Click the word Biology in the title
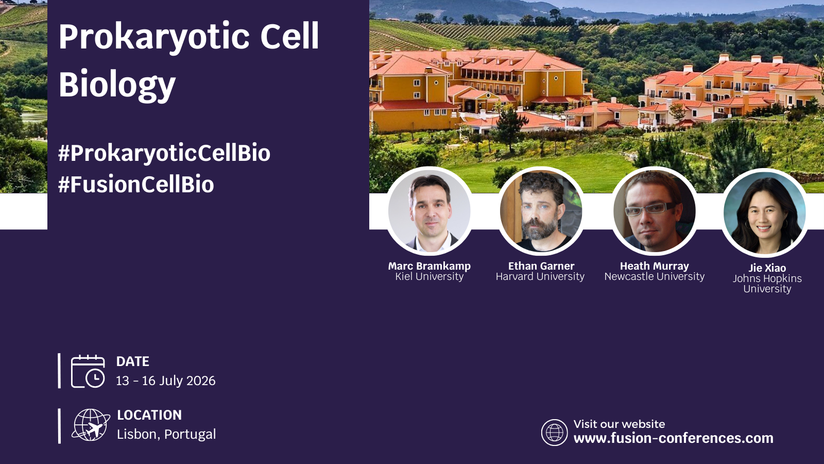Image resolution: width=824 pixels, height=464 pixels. pyautogui.click(x=117, y=85)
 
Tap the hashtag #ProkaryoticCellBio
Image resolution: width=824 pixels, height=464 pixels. pyautogui.click(x=164, y=153)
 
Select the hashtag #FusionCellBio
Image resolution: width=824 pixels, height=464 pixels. pyautogui.click(x=136, y=184)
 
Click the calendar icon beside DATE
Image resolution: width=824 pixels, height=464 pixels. pyautogui.click(x=88, y=371)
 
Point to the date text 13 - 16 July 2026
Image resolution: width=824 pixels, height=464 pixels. pyautogui.click(x=165, y=380)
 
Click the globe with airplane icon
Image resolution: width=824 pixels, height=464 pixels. pyautogui.click(x=91, y=425)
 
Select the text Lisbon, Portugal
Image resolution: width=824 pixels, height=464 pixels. pyautogui.click(x=166, y=434)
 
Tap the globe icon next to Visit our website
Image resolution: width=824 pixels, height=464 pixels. pyautogui.click(x=554, y=433)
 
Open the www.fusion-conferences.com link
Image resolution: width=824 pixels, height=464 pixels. pyautogui.click(x=673, y=438)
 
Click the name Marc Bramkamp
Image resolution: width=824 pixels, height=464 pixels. pyautogui.click(x=430, y=266)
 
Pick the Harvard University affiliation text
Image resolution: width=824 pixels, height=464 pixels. pyautogui.click(x=540, y=276)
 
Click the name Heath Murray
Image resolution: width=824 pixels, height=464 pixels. pyautogui.click(x=655, y=266)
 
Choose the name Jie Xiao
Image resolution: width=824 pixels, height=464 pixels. pyautogui.click(x=767, y=268)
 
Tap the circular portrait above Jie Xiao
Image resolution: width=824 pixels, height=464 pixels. pyautogui.click(x=765, y=212)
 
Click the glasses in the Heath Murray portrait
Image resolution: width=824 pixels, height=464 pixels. pyautogui.click(x=651, y=209)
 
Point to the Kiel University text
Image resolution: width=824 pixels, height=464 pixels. pyautogui.click(x=430, y=276)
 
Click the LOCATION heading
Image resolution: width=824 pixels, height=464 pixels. pyautogui.click(x=149, y=415)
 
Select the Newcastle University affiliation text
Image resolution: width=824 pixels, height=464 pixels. pyautogui.click(x=655, y=276)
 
